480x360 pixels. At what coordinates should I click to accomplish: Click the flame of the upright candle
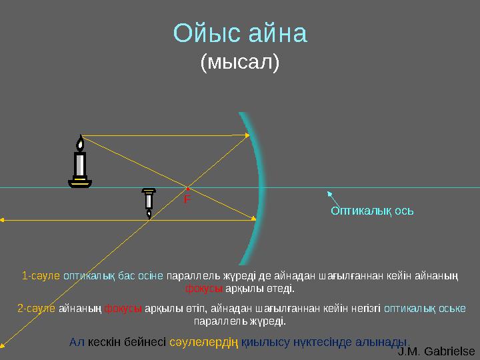(81, 143)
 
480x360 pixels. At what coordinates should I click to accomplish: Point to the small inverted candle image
(148, 203)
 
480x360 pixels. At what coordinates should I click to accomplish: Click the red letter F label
(187, 199)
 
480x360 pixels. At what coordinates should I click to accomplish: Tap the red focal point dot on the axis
(189, 188)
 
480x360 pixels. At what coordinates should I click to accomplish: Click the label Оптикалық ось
(373, 211)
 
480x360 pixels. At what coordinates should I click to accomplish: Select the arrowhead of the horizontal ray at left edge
(3, 219)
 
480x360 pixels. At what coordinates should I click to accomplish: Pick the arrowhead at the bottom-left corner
(3, 345)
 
